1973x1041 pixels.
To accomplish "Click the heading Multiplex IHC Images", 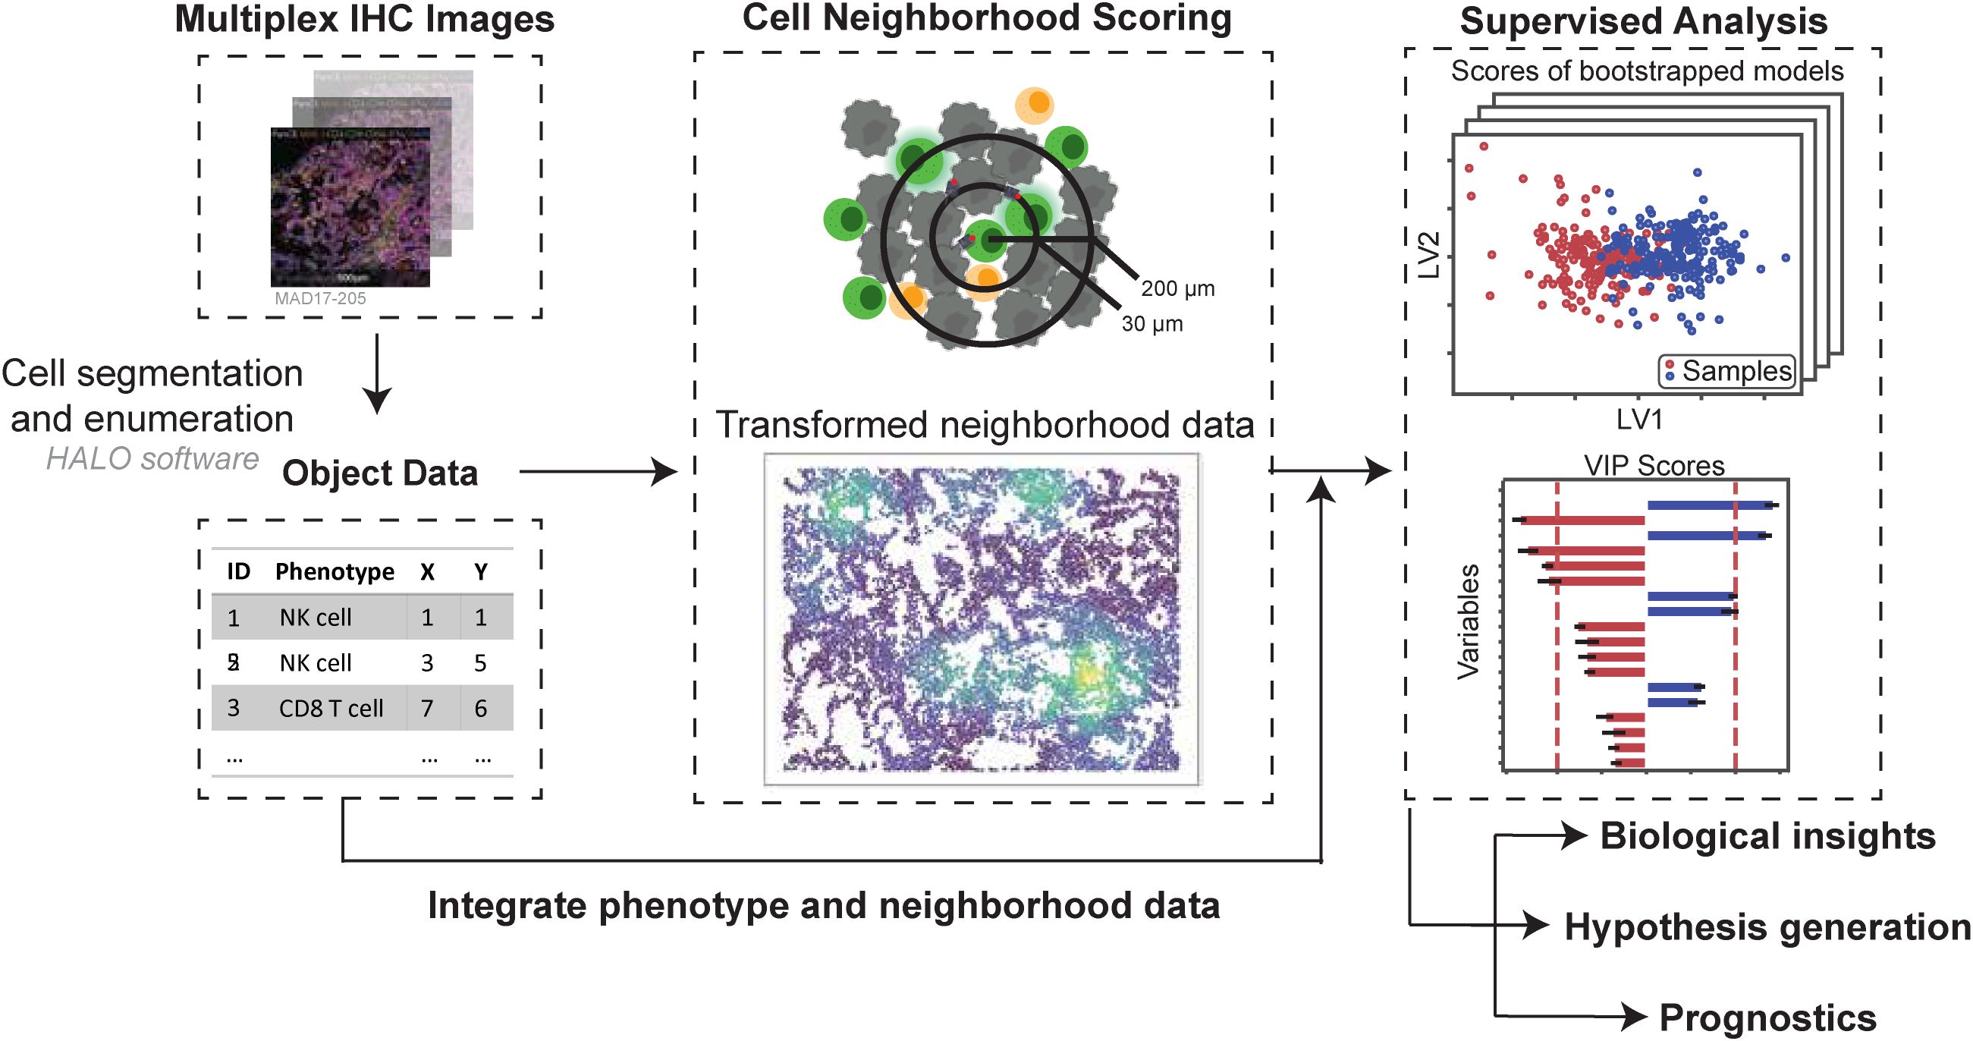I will click(x=365, y=20).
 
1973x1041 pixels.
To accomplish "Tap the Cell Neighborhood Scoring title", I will click(x=986, y=18).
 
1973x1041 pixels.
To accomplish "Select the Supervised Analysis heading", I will click(x=1643, y=21).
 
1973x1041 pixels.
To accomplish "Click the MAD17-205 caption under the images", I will click(x=320, y=299).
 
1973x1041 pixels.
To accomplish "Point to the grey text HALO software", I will click(x=152, y=459).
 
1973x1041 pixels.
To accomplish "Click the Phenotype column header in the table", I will click(x=335, y=571).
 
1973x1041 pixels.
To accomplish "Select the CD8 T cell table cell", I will click(x=331, y=709).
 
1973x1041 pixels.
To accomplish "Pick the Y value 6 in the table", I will click(x=480, y=709).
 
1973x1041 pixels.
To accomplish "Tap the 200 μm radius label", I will click(x=1177, y=289).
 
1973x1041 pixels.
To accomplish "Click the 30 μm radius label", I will click(x=1152, y=324).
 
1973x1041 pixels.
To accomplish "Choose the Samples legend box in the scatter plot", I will click(x=1727, y=372).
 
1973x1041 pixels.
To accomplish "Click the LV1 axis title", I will click(x=1639, y=420).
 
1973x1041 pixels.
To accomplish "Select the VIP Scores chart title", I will click(x=1654, y=466).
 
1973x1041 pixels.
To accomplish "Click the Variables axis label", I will click(x=1469, y=622).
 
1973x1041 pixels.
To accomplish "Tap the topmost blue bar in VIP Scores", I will click(x=1708, y=505).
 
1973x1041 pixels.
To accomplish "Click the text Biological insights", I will click(x=1767, y=836).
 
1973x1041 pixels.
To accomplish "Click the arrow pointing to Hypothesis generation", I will click(x=1524, y=926).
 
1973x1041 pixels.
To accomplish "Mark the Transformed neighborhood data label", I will click(x=984, y=425).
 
